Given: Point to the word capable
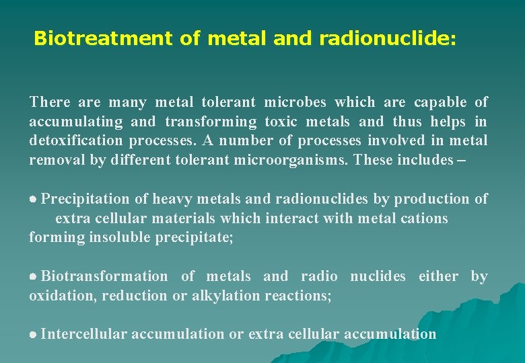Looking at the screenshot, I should (440, 102).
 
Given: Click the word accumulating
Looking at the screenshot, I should (76, 122).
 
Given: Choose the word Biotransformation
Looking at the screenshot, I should (105, 276).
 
